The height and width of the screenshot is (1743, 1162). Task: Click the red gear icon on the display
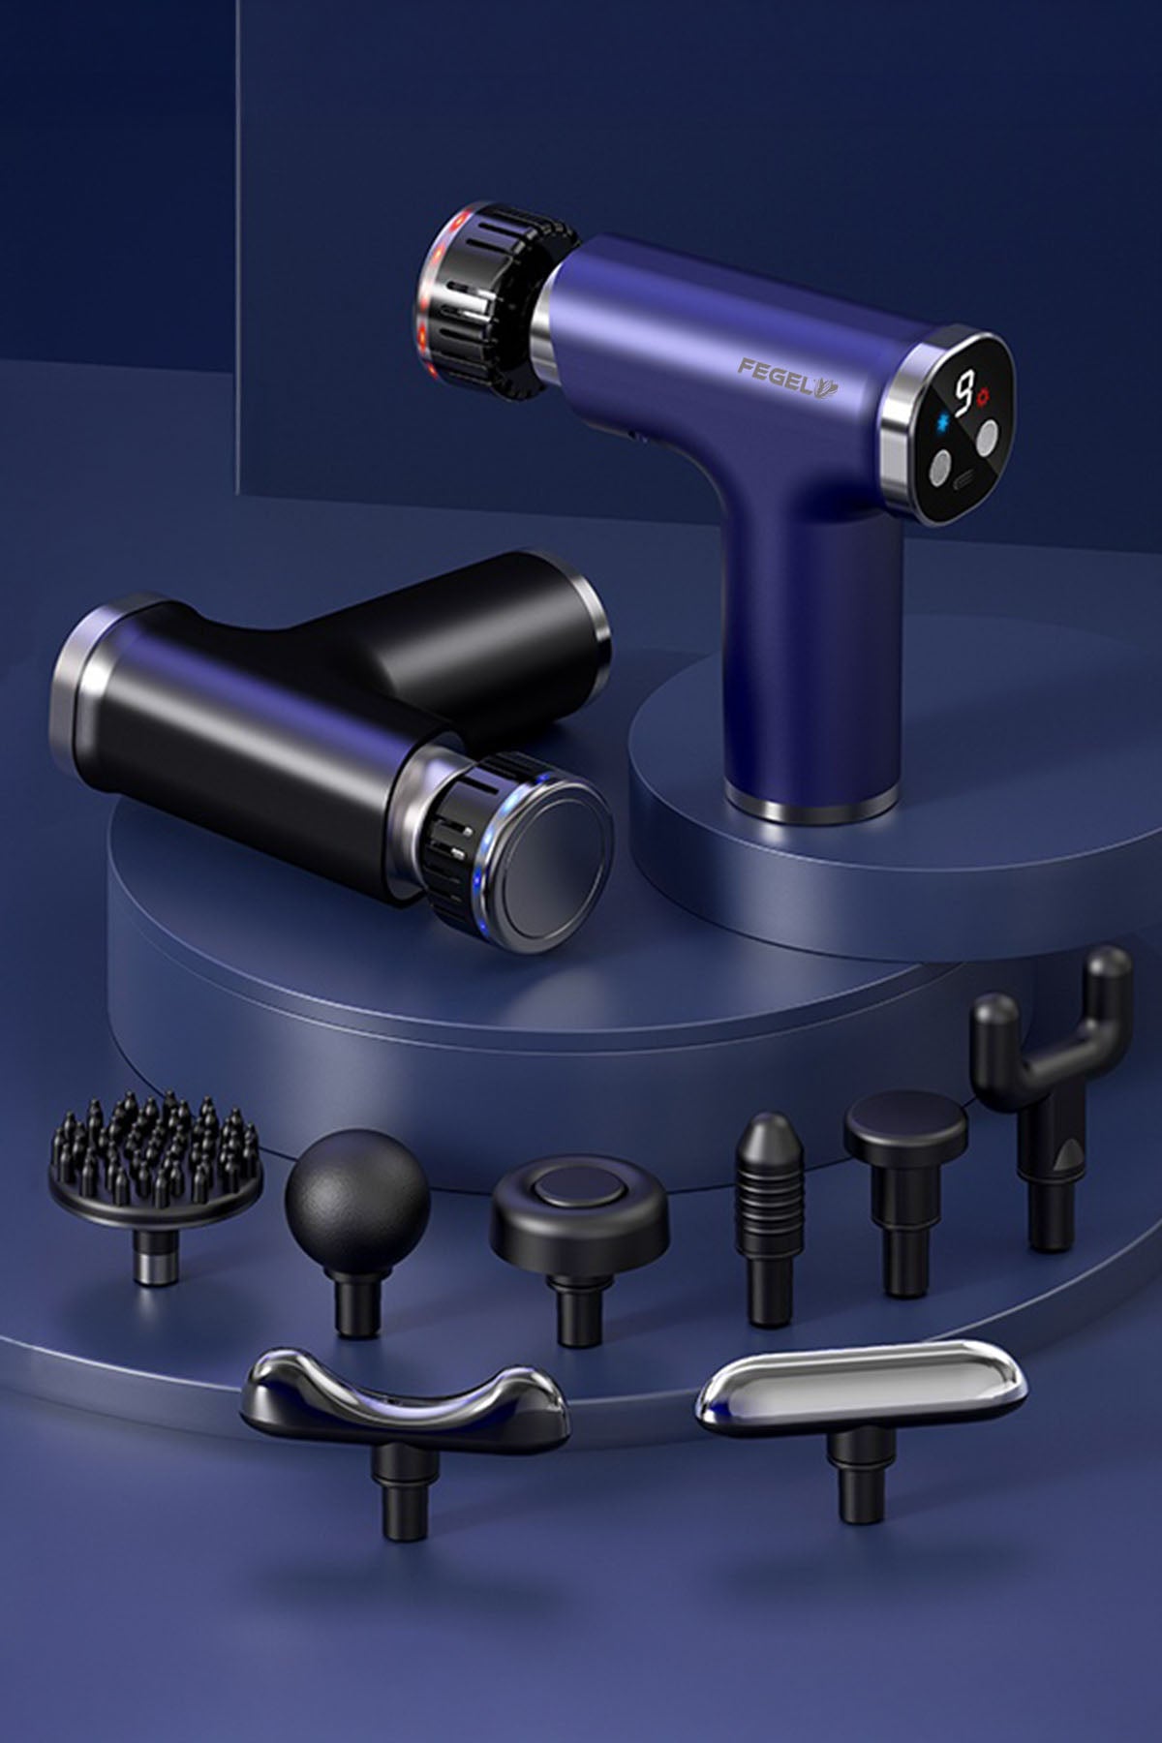pyautogui.click(x=986, y=395)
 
